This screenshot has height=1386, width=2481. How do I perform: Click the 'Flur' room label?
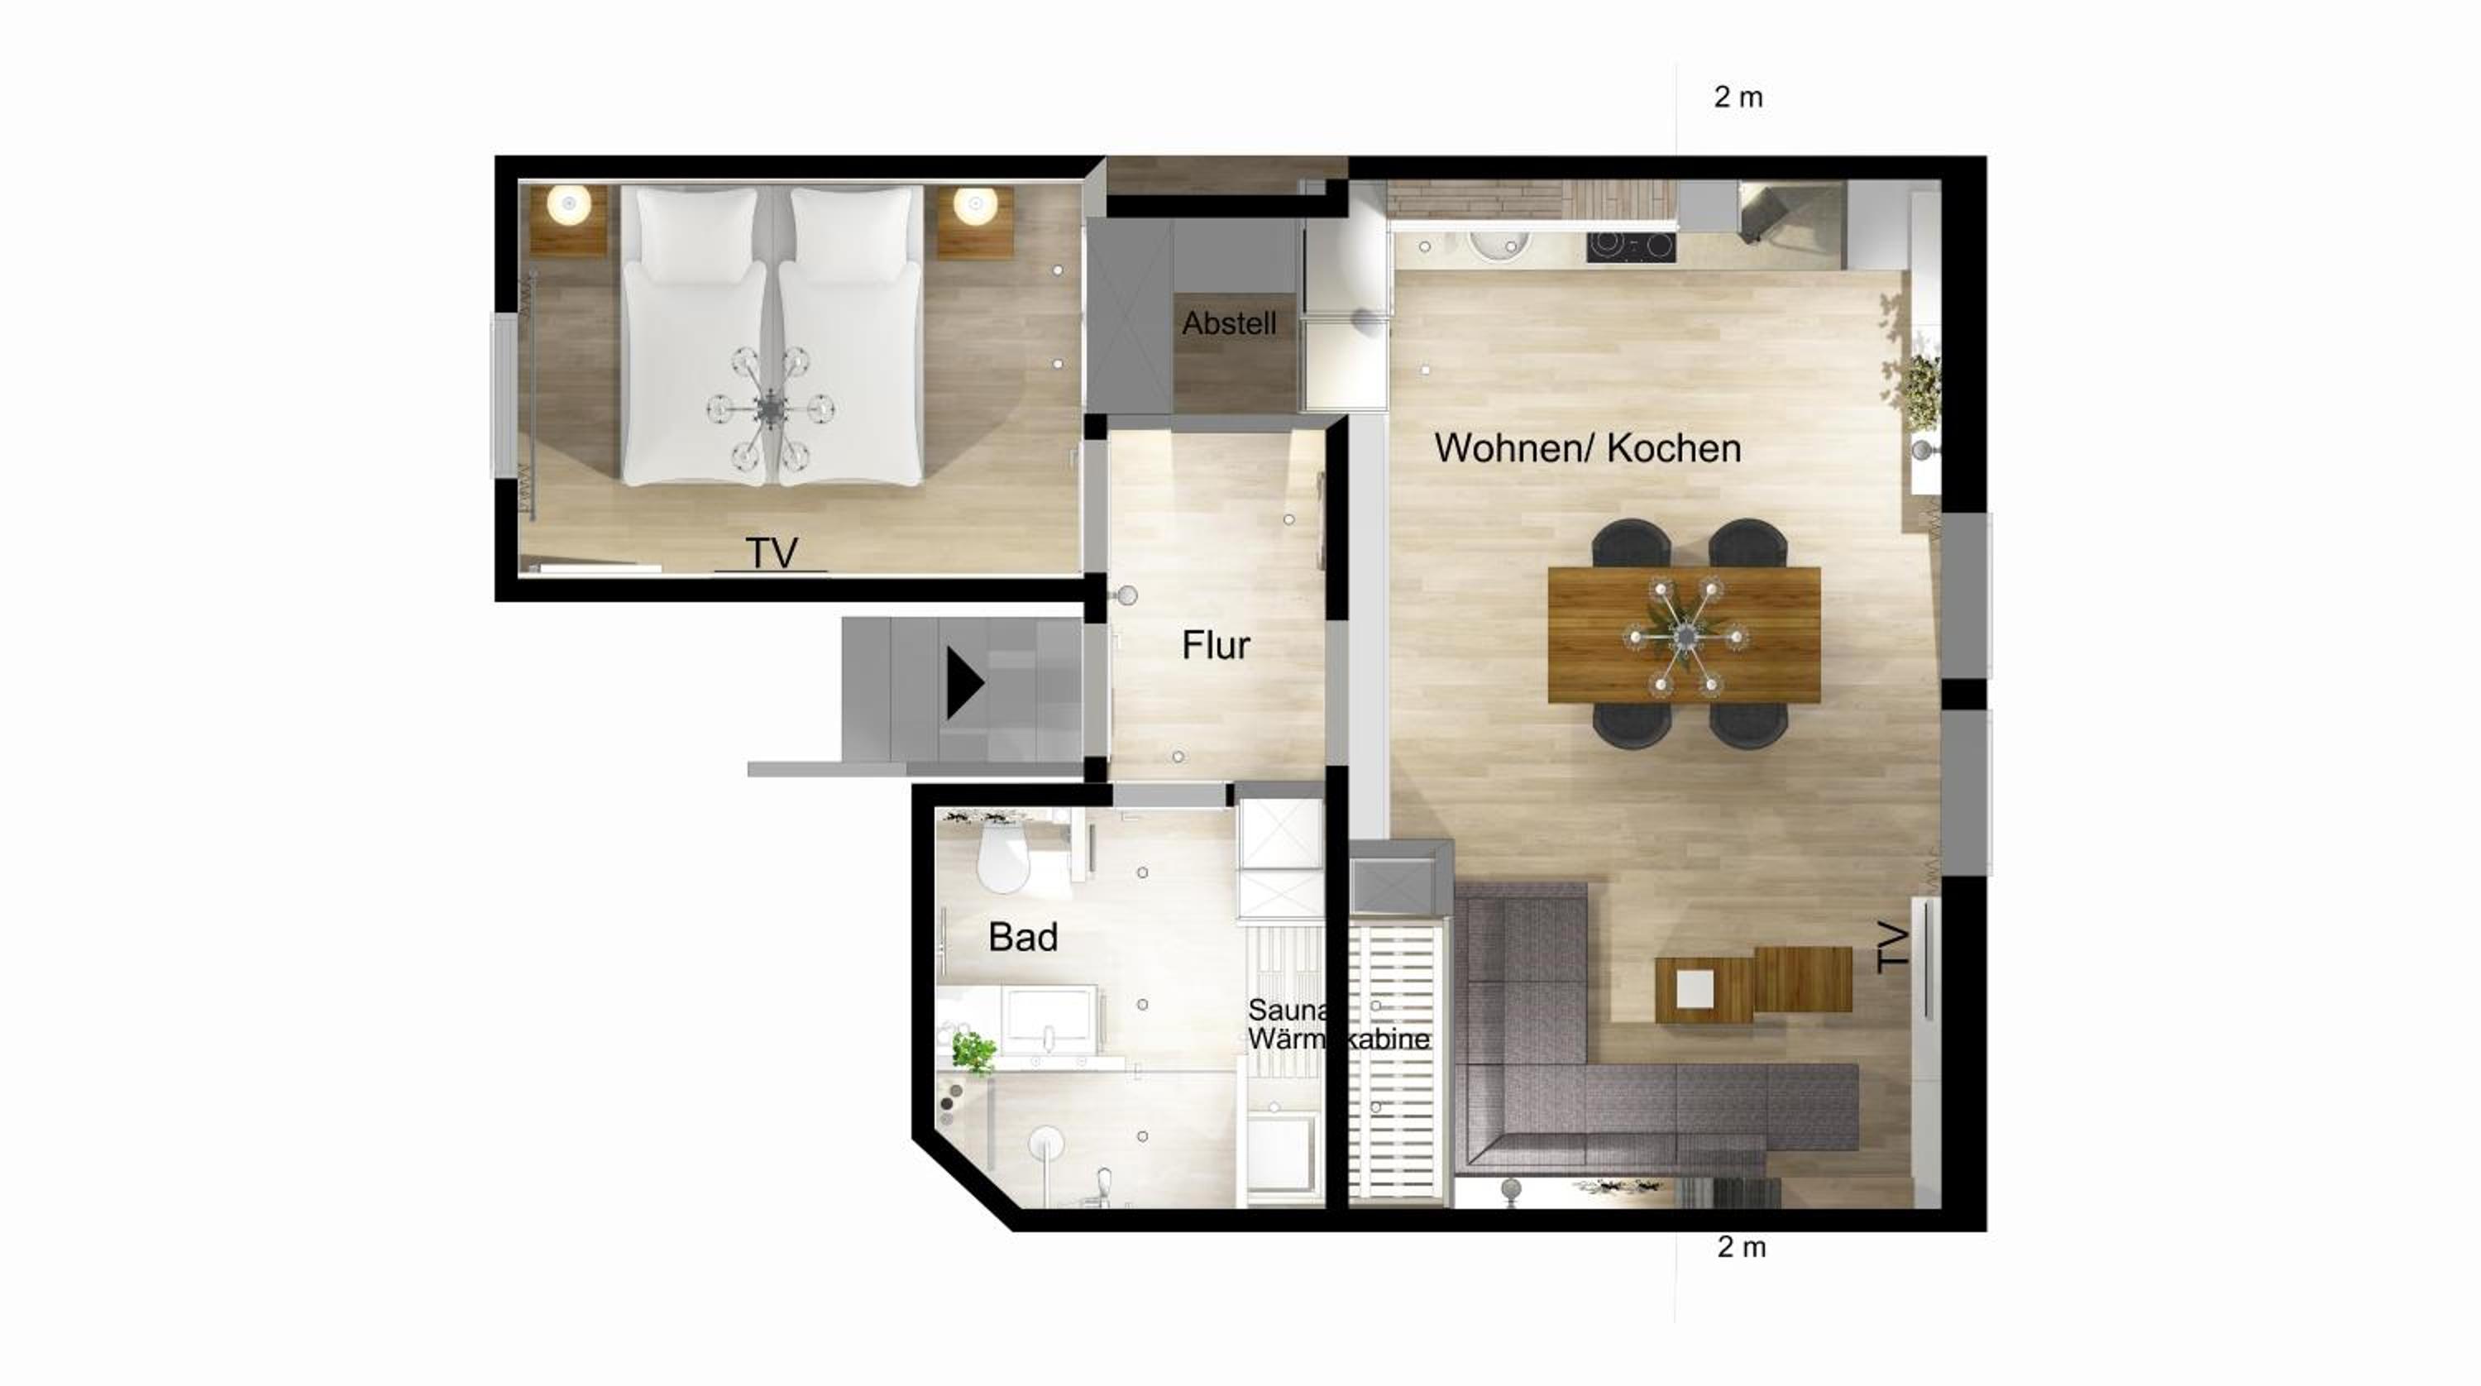(x=1216, y=645)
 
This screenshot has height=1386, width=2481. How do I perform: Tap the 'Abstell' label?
(x=1229, y=323)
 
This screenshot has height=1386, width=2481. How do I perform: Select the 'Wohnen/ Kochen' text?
(x=1587, y=449)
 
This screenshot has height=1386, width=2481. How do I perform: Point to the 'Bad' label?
(x=1023, y=937)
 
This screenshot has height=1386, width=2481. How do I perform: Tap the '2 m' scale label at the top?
(x=1738, y=98)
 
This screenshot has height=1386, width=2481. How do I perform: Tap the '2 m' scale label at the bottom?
(x=1742, y=1247)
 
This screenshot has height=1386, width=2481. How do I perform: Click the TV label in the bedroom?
(x=772, y=553)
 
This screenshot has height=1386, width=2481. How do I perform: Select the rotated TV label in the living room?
(x=1892, y=948)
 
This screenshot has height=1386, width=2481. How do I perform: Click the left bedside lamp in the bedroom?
(x=569, y=204)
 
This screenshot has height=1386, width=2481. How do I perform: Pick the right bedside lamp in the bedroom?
(x=976, y=204)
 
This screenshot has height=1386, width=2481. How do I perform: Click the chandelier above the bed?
(x=771, y=409)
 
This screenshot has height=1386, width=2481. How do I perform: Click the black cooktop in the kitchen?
(x=1632, y=246)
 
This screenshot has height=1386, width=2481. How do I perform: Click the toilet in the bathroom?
(x=1002, y=860)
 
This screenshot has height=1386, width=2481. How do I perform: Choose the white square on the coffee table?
(x=1695, y=987)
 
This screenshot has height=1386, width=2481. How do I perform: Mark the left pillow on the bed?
(x=696, y=235)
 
